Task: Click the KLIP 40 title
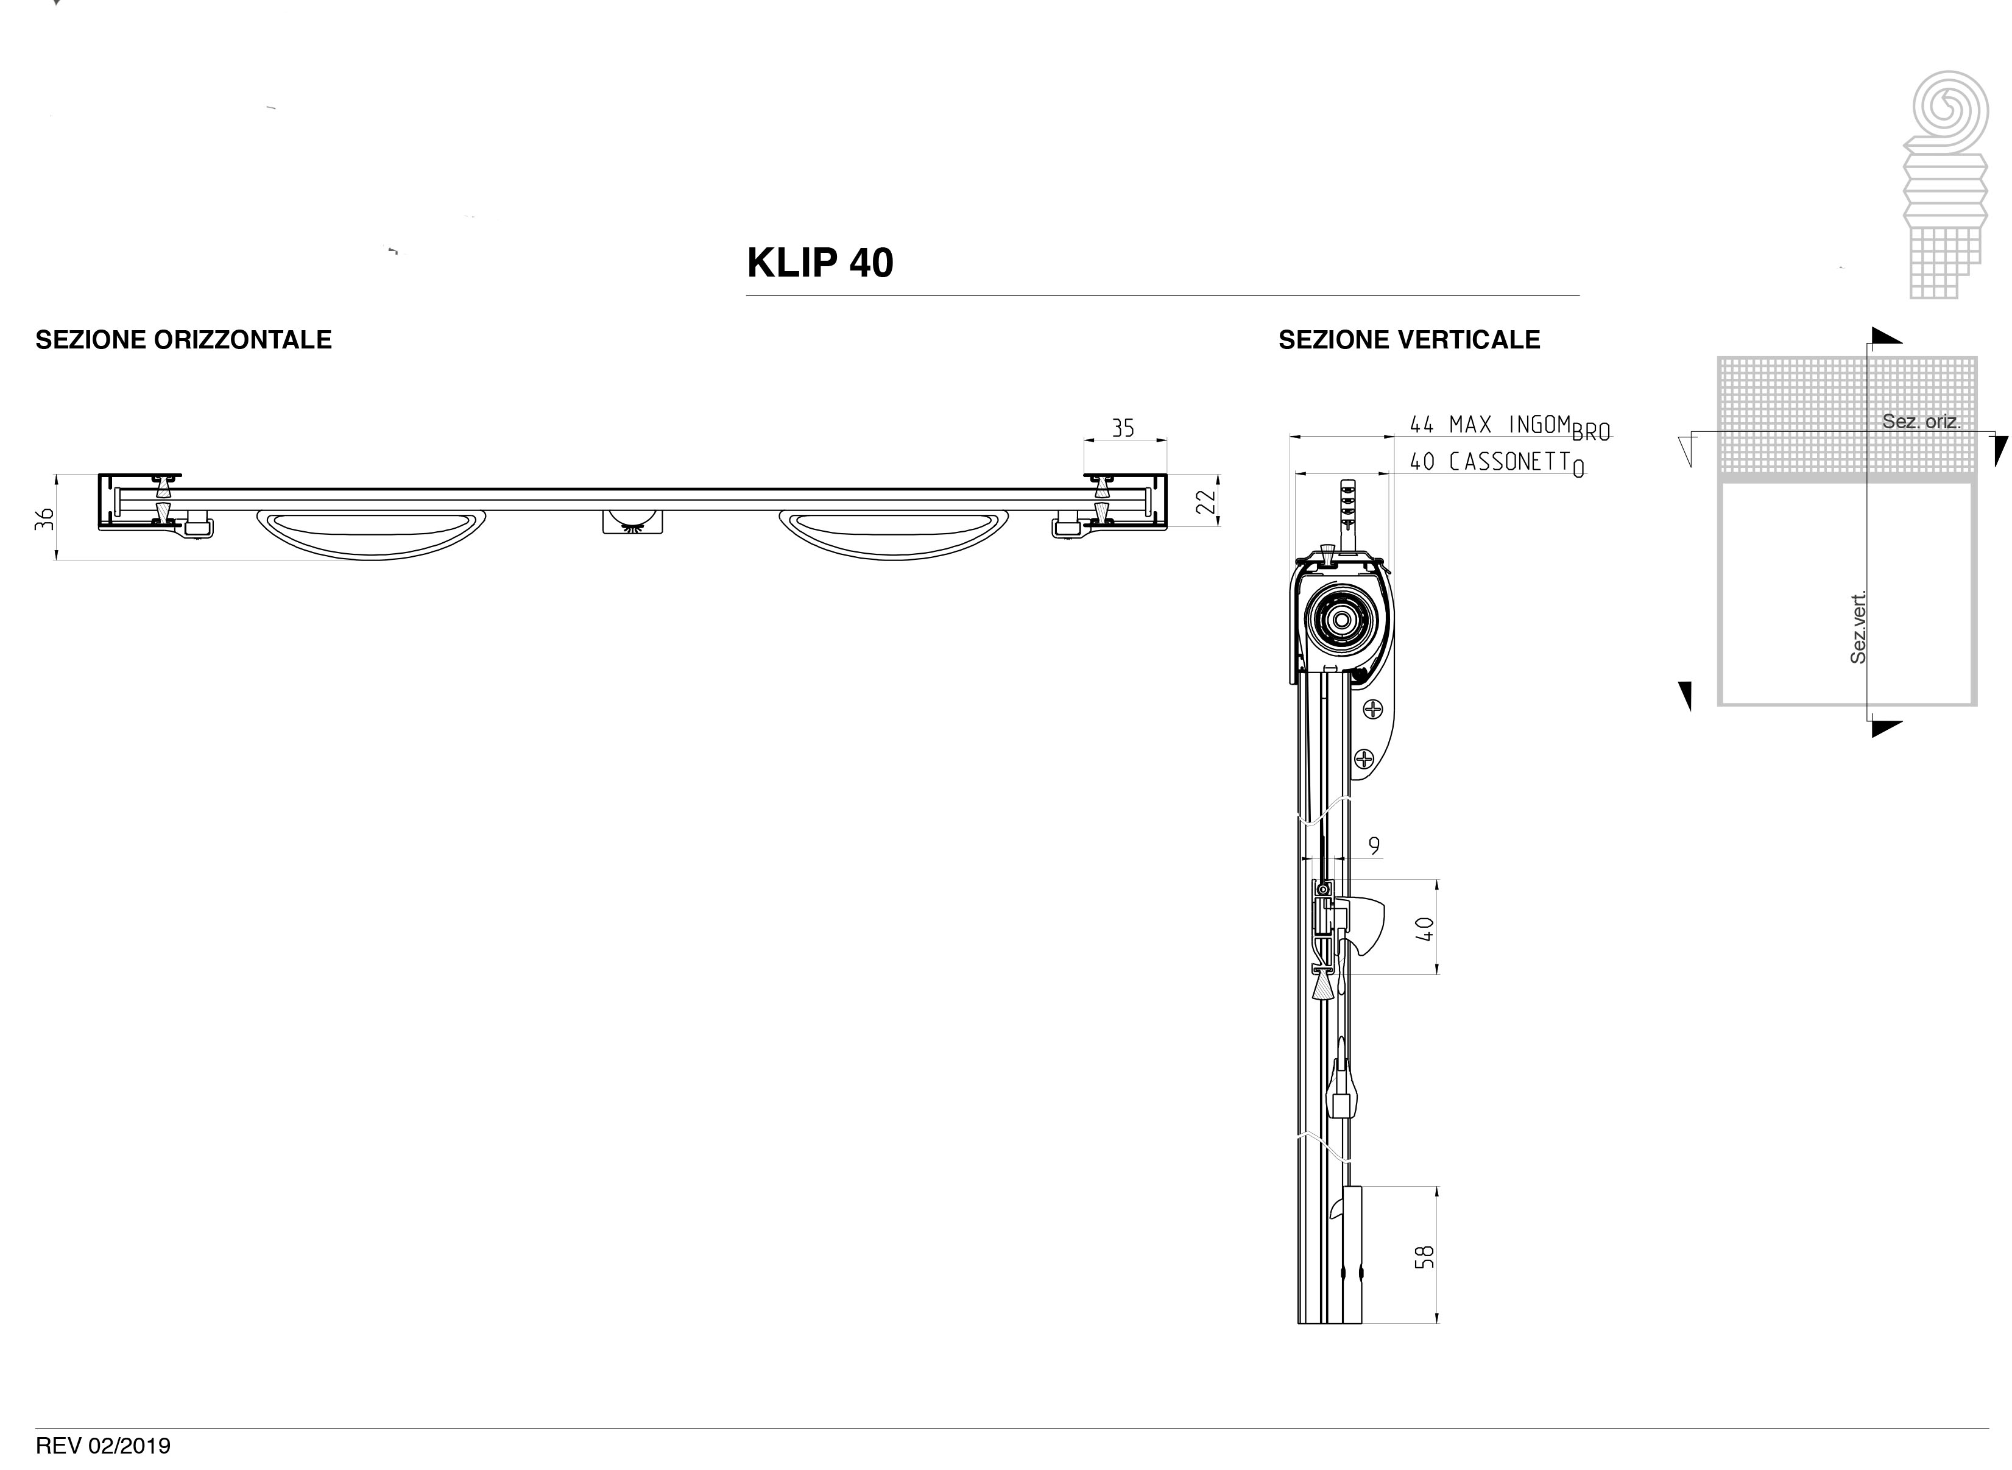[820, 263]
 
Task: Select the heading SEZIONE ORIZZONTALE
[183, 340]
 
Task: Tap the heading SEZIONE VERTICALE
[1409, 340]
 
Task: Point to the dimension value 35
[1123, 429]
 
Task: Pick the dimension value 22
[1205, 503]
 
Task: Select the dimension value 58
[1425, 1256]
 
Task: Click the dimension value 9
[1374, 846]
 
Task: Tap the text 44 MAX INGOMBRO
[1510, 427]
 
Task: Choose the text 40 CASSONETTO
[1498, 464]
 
